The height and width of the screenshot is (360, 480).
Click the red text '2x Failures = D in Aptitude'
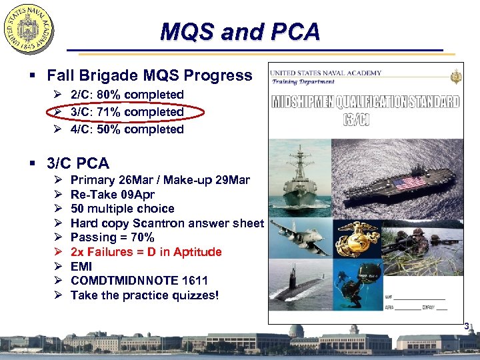point(146,252)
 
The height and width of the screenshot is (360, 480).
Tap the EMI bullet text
point(81,267)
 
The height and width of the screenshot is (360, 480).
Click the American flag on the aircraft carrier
point(409,182)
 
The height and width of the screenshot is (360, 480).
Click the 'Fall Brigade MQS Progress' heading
point(149,75)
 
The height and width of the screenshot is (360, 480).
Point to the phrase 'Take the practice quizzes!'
point(144,295)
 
